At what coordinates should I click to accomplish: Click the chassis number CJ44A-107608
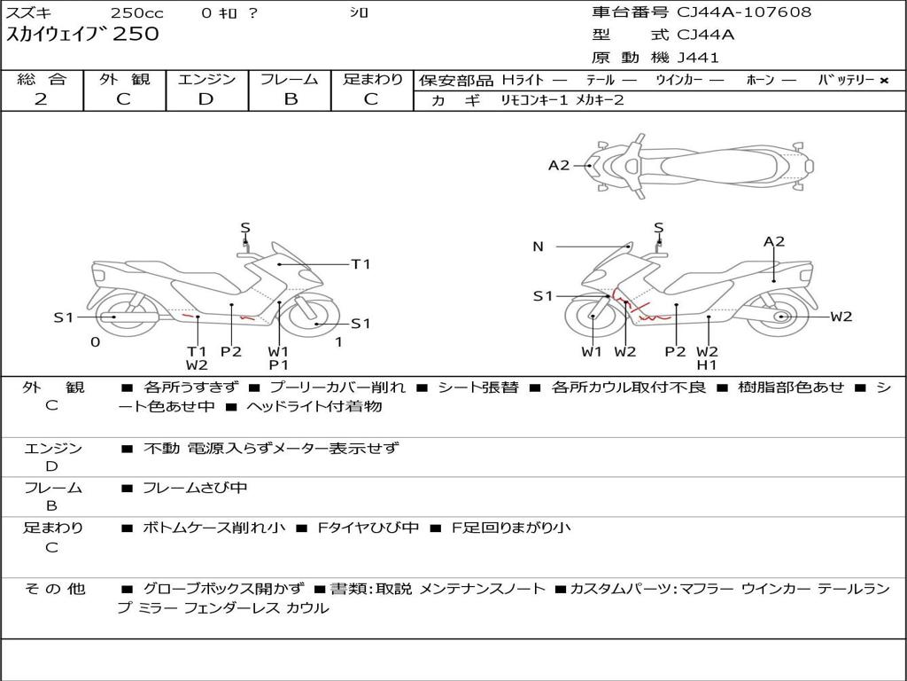pyautogui.click(x=744, y=12)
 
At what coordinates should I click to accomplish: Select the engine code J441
pyautogui.click(x=698, y=58)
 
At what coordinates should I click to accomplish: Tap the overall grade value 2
pyautogui.click(x=41, y=99)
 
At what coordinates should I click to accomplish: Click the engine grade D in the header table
pyautogui.click(x=206, y=99)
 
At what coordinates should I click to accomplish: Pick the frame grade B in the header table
pyautogui.click(x=290, y=99)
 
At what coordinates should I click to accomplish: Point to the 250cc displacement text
pyautogui.click(x=136, y=13)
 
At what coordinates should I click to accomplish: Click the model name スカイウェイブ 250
pyautogui.click(x=83, y=35)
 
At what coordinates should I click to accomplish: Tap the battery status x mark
pyautogui.click(x=884, y=81)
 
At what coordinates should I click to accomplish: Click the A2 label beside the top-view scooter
pyautogui.click(x=559, y=165)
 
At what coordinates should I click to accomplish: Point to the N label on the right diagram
pyautogui.click(x=538, y=247)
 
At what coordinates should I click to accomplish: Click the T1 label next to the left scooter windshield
pyautogui.click(x=360, y=263)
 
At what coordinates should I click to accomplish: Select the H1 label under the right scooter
pyautogui.click(x=707, y=364)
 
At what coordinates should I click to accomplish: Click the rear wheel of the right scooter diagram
pyautogui.click(x=780, y=317)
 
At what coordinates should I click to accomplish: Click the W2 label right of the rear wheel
pyautogui.click(x=841, y=317)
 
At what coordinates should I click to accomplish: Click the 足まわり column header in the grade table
pyautogui.click(x=373, y=79)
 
